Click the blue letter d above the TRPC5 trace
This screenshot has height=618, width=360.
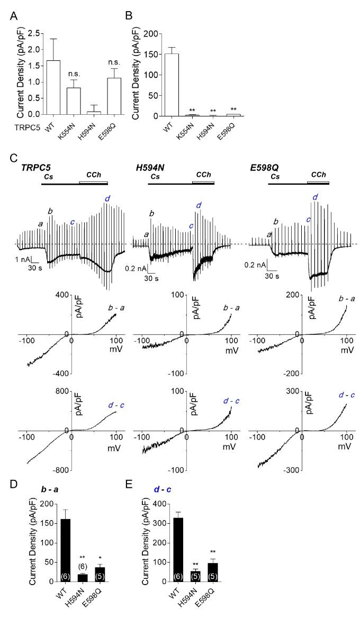click(107, 198)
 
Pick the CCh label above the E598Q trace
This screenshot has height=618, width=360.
click(319, 174)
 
